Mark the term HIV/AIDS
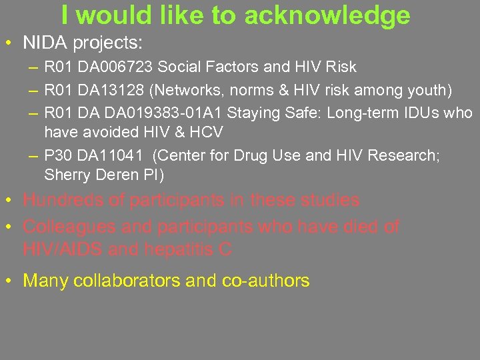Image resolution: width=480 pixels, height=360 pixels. click(x=60, y=250)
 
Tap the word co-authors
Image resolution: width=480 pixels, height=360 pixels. click(x=271, y=281)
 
